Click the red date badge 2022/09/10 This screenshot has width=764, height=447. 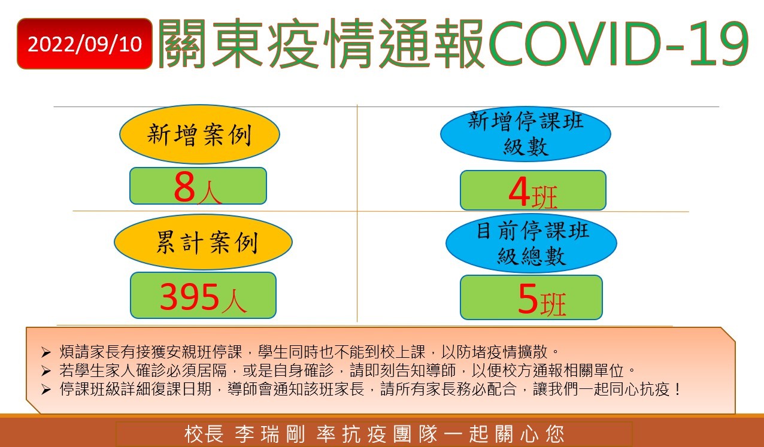tap(84, 44)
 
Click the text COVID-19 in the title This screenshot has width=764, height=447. tap(617, 43)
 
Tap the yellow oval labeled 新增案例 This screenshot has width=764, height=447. tap(199, 134)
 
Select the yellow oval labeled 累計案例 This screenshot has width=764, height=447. tap(204, 242)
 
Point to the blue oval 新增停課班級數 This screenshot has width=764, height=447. tap(526, 133)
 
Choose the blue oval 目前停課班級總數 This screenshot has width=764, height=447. tap(532, 243)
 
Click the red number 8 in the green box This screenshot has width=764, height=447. tap(184, 186)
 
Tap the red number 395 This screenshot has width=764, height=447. tap(189, 297)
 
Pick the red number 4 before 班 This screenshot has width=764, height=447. tap(519, 192)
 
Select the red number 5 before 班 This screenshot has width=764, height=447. tap(527, 299)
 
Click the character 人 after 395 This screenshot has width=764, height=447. tap(234, 301)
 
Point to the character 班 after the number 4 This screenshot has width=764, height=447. tap(544, 197)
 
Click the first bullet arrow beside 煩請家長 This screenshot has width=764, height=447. tap(46, 352)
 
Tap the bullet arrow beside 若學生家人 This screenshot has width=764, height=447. tap(46, 371)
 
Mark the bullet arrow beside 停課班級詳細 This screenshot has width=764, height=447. tap(46, 390)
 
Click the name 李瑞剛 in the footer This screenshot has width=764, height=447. tap(270, 434)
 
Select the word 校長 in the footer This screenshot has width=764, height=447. tap(204, 434)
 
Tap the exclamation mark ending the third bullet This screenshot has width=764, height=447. tap(677, 390)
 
